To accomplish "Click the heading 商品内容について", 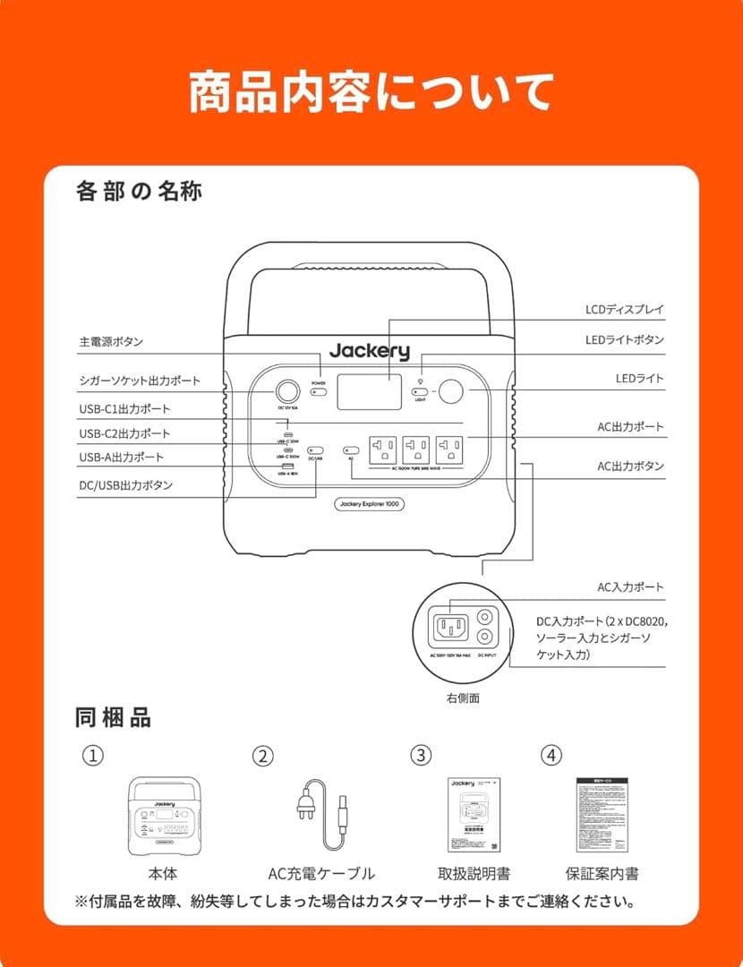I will coord(371,92).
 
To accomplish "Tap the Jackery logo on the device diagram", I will coord(369,352).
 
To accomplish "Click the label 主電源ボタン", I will coord(111,342).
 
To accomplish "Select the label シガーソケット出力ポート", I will coord(139,381).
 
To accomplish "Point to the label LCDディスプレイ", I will coord(625,310).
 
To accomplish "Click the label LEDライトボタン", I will coord(624,340).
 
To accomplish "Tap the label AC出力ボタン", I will coord(631,466).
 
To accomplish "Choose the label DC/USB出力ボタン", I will coord(126,485).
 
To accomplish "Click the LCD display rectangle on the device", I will coord(369,392).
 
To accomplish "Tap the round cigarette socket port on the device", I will coord(286,391).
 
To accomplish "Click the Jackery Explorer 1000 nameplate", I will coord(369,504).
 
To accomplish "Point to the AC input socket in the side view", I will coord(450,626).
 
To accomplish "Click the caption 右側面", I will coord(462,697).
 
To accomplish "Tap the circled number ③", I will coord(421,755).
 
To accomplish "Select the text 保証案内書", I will coord(602,874).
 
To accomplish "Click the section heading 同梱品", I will coord(113,717).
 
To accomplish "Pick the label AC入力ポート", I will coord(631,587).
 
